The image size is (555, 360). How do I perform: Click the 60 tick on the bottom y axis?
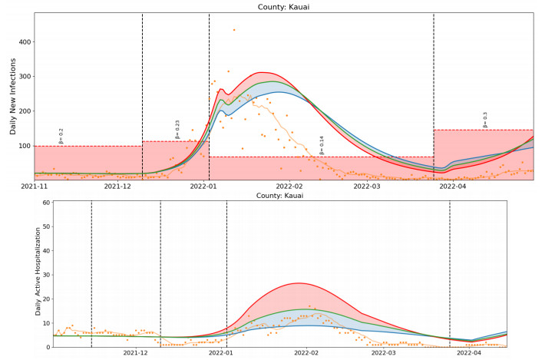[45, 203]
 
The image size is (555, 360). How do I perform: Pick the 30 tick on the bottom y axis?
[45, 275]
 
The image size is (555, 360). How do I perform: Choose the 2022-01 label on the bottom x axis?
[220, 354]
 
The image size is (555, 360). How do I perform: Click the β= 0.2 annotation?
[62, 136]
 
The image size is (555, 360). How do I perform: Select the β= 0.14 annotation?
[322, 145]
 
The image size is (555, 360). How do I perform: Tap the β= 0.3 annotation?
[485, 120]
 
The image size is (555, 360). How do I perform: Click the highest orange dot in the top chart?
[234, 30]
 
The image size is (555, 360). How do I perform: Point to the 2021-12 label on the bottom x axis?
[134, 354]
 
